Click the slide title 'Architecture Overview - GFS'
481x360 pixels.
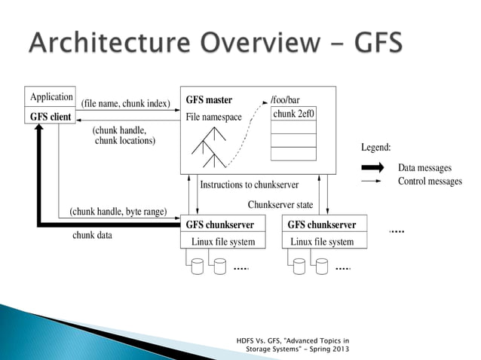(x=215, y=42)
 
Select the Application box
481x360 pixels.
(x=51, y=97)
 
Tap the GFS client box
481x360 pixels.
(x=50, y=117)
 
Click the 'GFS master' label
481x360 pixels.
(x=209, y=99)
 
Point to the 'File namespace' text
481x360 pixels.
(x=213, y=117)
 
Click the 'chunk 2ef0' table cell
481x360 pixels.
(x=293, y=113)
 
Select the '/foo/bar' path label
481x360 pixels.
(x=285, y=99)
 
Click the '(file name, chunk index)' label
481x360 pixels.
(x=125, y=103)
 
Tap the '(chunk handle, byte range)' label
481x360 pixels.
(x=118, y=212)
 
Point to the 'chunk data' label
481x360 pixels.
(x=92, y=235)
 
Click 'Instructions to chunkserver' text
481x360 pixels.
(x=249, y=185)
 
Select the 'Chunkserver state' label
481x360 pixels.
(x=280, y=205)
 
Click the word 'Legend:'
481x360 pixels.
(x=376, y=148)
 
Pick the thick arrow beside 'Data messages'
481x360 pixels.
(x=375, y=167)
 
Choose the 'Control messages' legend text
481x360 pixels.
(x=430, y=182)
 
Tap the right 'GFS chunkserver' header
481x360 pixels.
(x=322, y=224)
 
